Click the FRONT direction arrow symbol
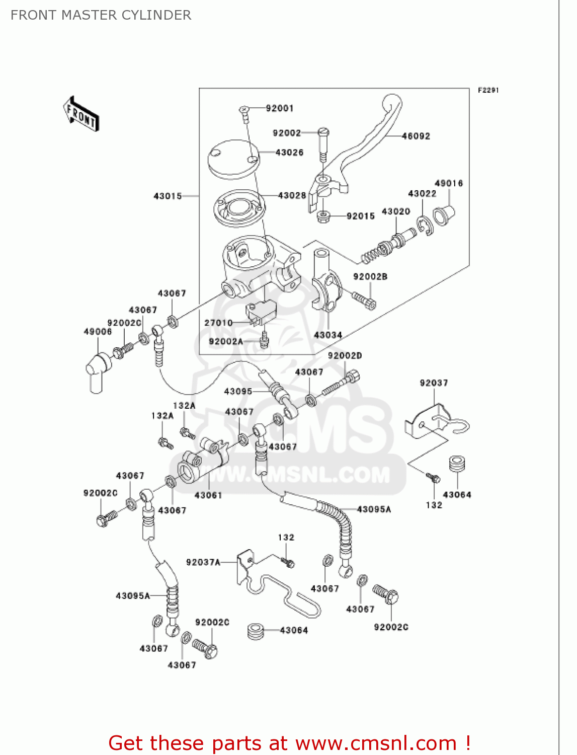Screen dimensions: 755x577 pos(80,114)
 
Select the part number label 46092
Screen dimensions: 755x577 pos(416,136)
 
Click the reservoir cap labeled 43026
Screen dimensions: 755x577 pos(233,158)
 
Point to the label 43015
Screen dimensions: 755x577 pos(168,196)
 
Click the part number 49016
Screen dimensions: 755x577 pos(448,183)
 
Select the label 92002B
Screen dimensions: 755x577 pos(370,276)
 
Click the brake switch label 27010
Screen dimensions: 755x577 pos(218,323)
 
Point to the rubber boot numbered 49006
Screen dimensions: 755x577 pos(98,370)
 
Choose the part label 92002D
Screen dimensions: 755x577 pos(345,355)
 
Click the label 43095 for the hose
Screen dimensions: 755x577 pos(238,391)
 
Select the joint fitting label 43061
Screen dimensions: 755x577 pos(208,495)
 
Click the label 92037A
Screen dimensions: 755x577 pos(203,562)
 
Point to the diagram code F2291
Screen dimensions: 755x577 pos(488,90)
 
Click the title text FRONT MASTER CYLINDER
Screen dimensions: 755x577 pos(101,15)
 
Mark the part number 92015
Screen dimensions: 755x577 pos(361,216)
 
